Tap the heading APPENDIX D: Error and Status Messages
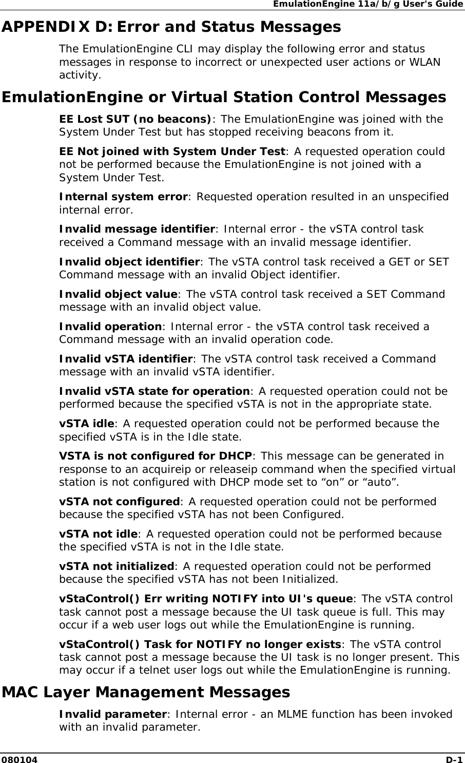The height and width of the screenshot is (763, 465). (x=171, y=27)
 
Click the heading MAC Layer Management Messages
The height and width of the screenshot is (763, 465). (x=146, y=692)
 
